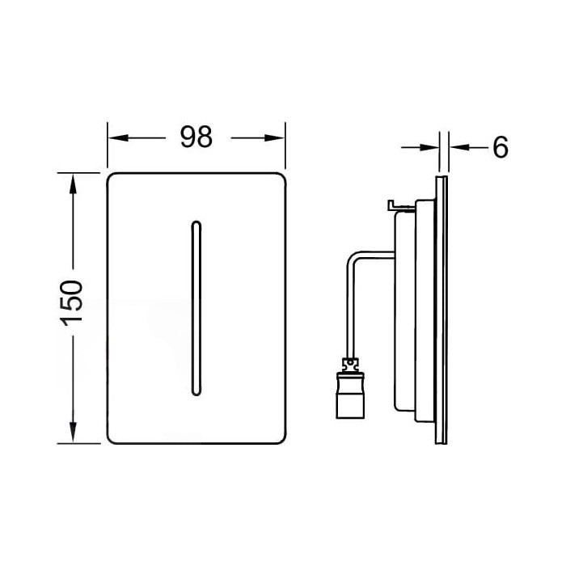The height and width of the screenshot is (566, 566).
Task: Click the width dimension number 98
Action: pos(196,137)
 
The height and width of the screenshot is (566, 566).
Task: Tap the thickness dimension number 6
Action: pos(500,147)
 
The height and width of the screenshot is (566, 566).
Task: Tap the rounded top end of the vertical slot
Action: pos(194,221)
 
